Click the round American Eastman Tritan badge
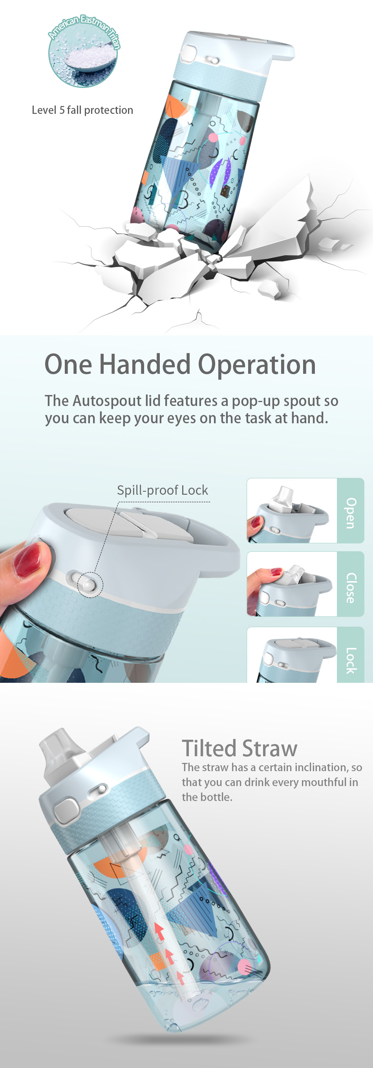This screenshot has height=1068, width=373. (83, 52)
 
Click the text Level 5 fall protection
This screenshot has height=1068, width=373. (82, 110)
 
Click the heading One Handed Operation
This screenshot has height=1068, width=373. (180, 364)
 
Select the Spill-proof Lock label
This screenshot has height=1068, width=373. (162, 490)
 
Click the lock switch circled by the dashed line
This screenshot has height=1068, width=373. (90, 585)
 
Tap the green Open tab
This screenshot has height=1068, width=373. (351, 511)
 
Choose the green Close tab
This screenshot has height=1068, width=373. (351, 584)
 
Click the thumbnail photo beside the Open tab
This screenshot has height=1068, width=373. (292, 511)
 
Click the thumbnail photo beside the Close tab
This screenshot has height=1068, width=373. (292, 584)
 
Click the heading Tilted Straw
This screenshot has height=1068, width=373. (240, 748)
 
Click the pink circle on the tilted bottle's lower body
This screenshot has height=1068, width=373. (245, 966)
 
